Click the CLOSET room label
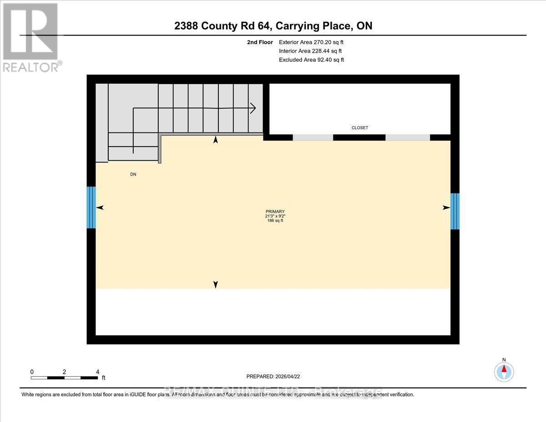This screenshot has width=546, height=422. click(359, 128)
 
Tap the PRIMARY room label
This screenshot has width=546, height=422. click(275, 211)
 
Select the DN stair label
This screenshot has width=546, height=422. click(133, 174)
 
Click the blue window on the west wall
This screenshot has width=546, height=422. click(91, 207)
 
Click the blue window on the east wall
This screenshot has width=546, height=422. click(455, 211)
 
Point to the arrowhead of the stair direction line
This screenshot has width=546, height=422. click(253, 108)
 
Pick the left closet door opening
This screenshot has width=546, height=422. click(313, 137)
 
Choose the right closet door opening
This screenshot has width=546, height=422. click(408, 137)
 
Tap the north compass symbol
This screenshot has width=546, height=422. click(504, 371)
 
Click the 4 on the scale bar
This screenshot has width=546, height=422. click(97, 372)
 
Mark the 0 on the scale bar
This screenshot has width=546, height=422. click(32, 372)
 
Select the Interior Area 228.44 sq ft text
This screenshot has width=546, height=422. click(310, 51)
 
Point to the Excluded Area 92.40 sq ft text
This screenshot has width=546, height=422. click(312, 60)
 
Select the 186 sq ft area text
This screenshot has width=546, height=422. click(275, 221)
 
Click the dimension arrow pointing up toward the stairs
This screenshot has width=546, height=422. click(216, 140)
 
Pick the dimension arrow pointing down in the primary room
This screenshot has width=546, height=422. click(216, 285)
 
